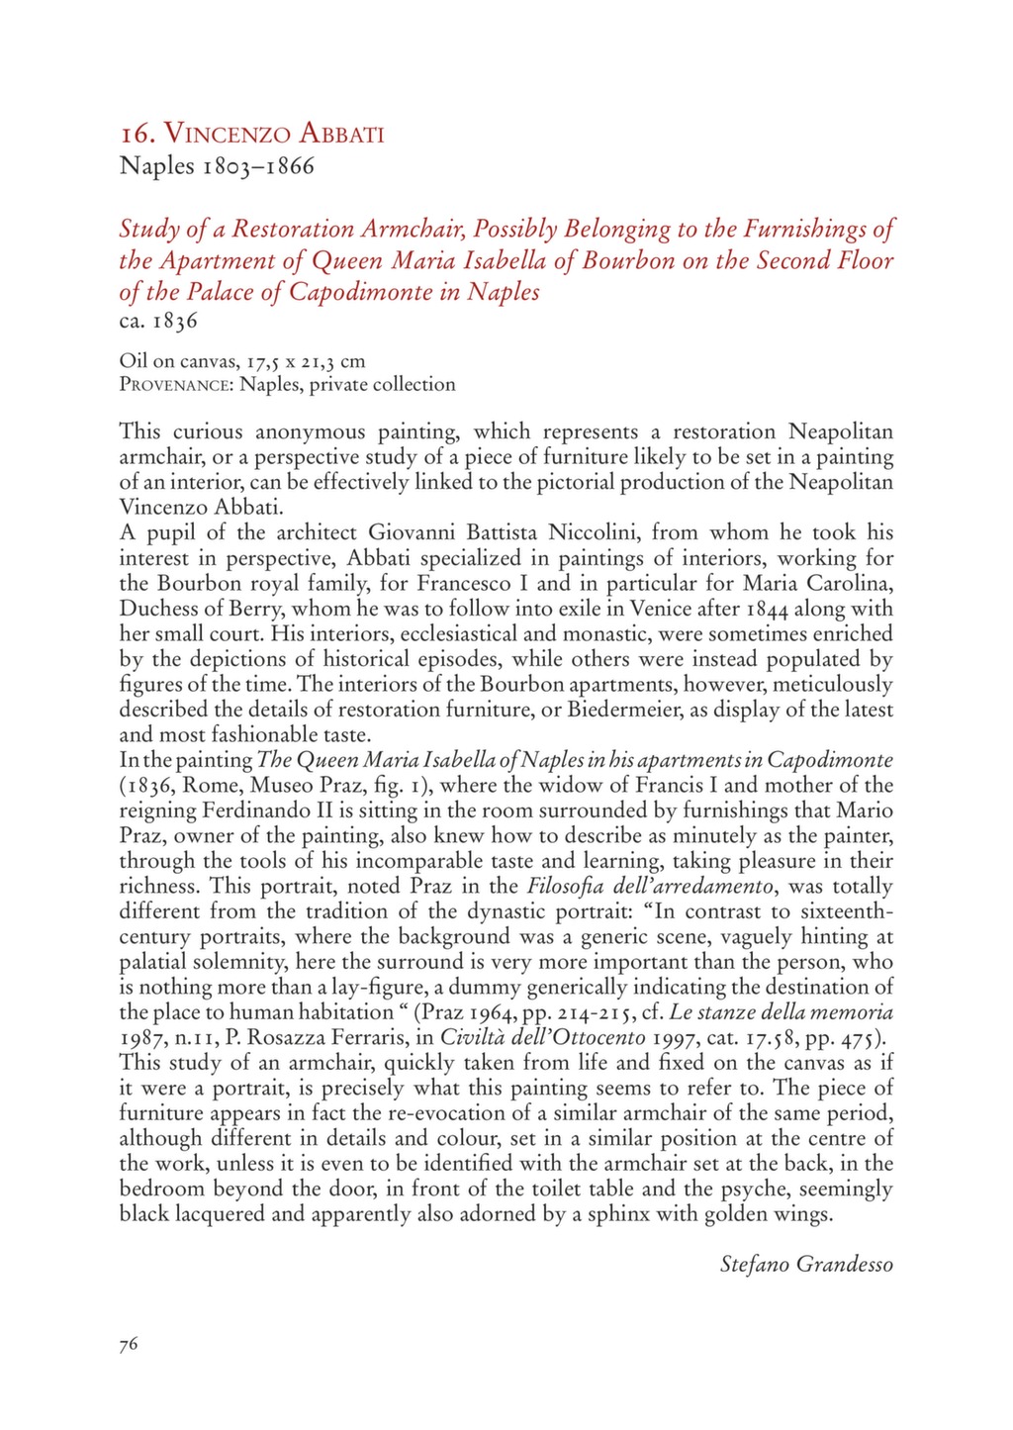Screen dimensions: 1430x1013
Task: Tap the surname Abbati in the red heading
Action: coord(336,133)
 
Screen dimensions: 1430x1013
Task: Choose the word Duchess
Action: coord(158,609)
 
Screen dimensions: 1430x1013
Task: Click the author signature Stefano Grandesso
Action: coord(806,1264)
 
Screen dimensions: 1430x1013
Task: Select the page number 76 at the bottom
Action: coord(129,1343)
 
